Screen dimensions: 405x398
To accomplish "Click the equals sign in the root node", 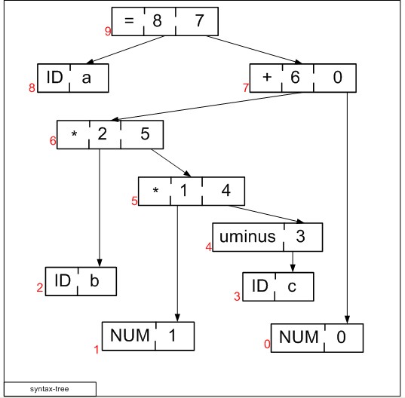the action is [x=129, y=20].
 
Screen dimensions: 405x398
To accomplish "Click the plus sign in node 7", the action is [x=267, y=77].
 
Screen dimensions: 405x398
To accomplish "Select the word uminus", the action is [x=247, y=237].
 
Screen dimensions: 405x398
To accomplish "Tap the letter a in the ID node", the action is [x=86, y=78].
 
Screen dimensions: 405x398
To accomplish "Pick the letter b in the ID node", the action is [x=94, y=280].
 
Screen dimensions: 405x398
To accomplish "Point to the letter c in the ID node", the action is [x=292, y=286].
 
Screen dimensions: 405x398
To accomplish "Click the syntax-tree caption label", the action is [x=49, y=389].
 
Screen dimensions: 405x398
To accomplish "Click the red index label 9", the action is [x=108, y=31].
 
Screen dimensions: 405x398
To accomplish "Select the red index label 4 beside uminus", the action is [x=209, y=247].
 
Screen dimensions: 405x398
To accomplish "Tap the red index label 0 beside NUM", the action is [x=267, y=344].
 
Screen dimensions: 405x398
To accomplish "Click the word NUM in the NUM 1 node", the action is [x=130, y=335].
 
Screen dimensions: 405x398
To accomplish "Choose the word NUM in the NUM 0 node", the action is [x=299, y=337].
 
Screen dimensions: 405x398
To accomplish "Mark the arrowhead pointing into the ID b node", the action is [x=100, y=263].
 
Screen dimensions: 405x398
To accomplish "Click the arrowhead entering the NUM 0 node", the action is [x=347, y=320].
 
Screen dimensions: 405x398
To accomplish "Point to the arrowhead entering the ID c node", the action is [x=293, y=268].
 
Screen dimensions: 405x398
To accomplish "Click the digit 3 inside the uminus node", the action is [x=300, y=236].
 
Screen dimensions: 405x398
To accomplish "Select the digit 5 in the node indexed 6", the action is [x=145, y=133].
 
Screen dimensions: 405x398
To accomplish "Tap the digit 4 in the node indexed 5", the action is [x=226, y=190].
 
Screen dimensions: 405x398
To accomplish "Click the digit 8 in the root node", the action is [x=158, y=20].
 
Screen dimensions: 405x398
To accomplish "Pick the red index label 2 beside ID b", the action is [x=40, y=287].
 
